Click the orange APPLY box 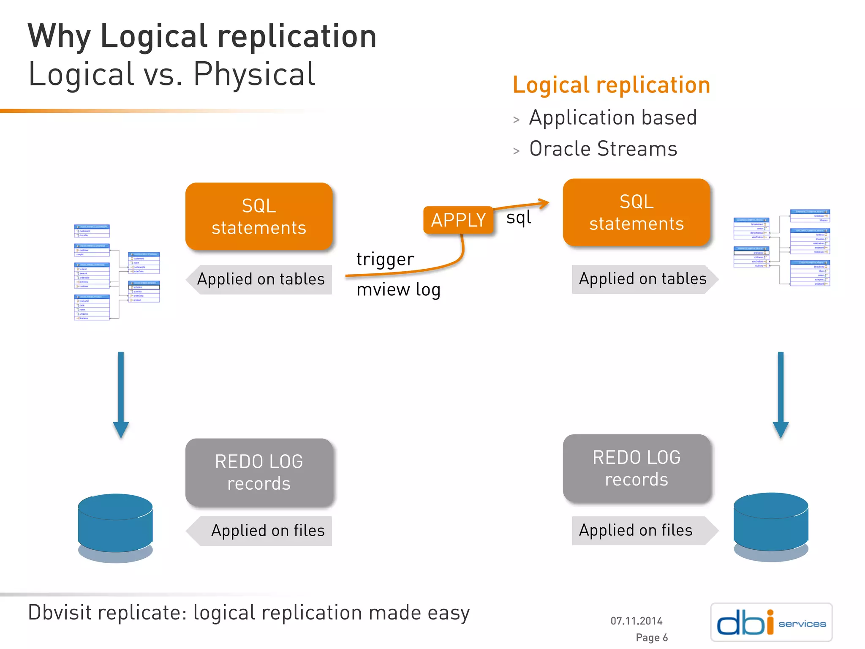pyautogui.click(x=458, y=220)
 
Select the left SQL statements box pyautogui.click(x=259, y=216)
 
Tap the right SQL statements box pyautogui.click(x=637, y=213)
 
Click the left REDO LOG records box pyautogui.click(x=259, y=472)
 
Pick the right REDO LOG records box pyautogui.click(x=637, y=469)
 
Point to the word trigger pyautogui.click(x=385, y=259)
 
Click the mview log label pyautogui.click(x=398, y=290)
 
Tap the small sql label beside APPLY pyautogui.click(x=518, y=218)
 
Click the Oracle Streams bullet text pyautogui.click(x=603, y=149)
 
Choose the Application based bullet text pyautogui.click(x=612, y=117)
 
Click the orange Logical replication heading pyautogui.click(x=611, y=85)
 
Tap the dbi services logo pyautogui.click(x=771, y=622)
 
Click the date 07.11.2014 pyautogui.click(x=636, y=621)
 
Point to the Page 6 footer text pyautogui.click(x=651, y=637)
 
